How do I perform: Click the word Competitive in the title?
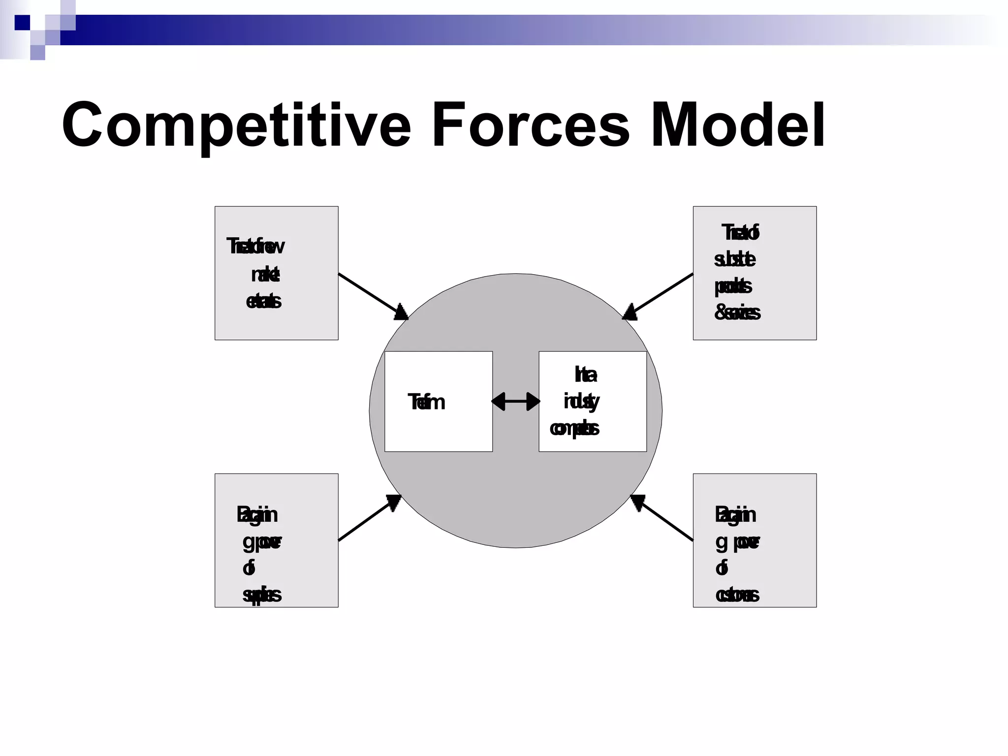coord(236,126)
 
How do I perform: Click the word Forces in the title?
coord(530,126)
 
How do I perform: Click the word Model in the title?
coord(737,126)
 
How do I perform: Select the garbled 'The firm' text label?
coord(426,403)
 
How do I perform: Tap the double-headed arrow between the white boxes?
coord(515,402)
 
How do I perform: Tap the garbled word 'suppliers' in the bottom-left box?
coord(262,595)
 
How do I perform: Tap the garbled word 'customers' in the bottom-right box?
coord(737,595)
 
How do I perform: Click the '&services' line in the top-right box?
coord(737,313)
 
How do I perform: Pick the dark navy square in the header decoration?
coord(22,23)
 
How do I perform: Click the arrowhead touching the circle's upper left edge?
coord(401,313)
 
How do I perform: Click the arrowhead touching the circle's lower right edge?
coord(637,502)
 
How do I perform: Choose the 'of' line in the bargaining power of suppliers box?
coord(249,568)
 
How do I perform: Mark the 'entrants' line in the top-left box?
coord(263,301)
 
